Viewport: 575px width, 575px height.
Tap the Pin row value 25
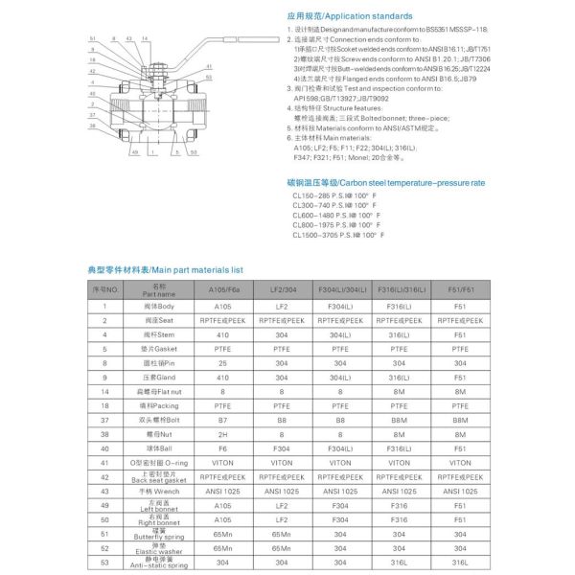(222, 365)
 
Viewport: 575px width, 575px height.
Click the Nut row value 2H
(222, 434)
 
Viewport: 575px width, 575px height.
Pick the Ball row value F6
(222, 448)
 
